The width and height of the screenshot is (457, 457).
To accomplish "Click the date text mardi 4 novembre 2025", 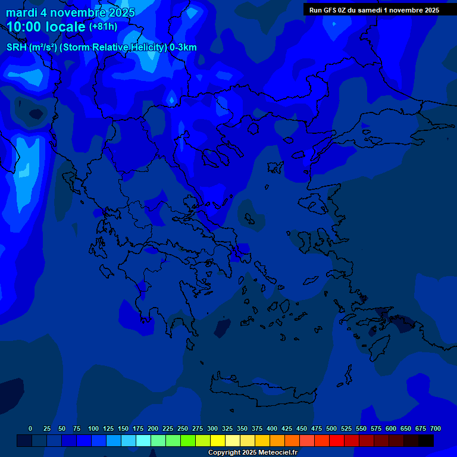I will [71, 12].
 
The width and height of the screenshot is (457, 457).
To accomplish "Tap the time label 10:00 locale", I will [46, 27].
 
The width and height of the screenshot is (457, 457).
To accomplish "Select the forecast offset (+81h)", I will [103, 27].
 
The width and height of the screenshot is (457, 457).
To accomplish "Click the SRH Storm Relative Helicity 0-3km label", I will [102, 48].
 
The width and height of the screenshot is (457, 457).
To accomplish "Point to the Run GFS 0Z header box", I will [374, 10].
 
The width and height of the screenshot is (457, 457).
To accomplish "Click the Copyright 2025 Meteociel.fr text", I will [252, 452].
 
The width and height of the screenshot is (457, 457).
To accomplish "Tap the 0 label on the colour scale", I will [30, 428].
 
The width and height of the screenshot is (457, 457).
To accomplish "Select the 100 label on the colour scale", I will [93, 428].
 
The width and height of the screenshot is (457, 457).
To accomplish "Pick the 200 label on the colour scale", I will [153, 428].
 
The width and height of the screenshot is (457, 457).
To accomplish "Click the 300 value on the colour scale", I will [212, 428].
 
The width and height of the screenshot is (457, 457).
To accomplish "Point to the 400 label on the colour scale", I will [272, 428].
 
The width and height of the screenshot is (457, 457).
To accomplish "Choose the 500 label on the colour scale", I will [331, 428].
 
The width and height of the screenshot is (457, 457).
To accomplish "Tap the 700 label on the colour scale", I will [436, 428].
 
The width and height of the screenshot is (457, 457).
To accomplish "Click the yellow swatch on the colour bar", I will [218, 441].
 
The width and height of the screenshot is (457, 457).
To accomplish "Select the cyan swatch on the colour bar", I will [143, 441].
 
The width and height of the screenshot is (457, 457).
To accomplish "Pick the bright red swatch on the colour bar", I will [337, 441].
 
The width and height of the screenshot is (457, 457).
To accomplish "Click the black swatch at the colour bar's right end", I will [426, 441].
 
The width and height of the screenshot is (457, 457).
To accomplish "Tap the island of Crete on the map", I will [262, 393].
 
